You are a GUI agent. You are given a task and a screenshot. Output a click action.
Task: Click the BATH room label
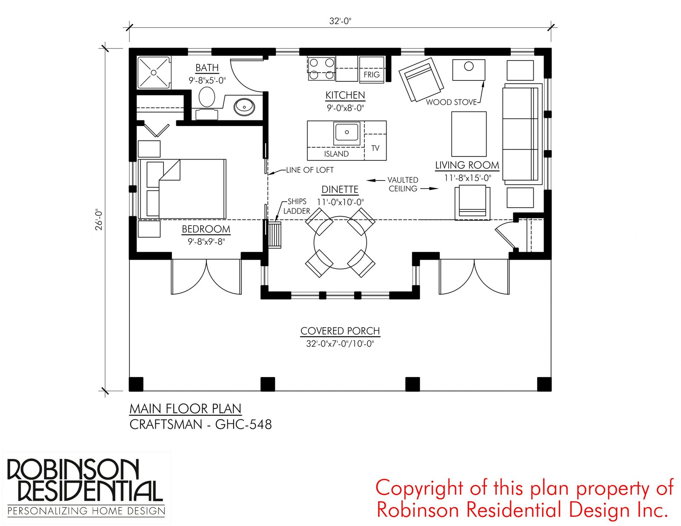click(207, 68)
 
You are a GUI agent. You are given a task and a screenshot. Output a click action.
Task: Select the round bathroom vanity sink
click(244, 107)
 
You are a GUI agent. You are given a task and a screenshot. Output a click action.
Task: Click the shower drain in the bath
click(154, 72)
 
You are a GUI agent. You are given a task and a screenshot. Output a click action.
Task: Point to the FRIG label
click(372, 74)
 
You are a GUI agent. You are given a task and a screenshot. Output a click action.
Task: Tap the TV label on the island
click(375, 148)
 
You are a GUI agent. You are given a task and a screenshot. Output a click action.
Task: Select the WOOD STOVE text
click(451, 102)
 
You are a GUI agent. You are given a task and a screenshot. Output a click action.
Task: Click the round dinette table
click(340, 243)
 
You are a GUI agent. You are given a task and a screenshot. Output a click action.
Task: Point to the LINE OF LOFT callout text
click(309, 170)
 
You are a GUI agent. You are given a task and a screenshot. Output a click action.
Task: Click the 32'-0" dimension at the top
click(340, 21)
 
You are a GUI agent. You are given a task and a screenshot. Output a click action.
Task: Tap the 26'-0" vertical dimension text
click(99, 219)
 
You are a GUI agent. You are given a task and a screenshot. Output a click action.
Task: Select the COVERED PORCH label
click(340, 331)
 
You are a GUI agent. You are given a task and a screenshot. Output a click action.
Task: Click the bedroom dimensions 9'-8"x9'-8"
click(206, 242)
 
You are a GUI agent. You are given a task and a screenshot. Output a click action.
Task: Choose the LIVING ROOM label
click(467, 165)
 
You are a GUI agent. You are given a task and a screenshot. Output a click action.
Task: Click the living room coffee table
click(469, 134)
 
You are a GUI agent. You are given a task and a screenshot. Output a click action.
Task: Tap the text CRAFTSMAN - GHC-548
click(200, 424)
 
